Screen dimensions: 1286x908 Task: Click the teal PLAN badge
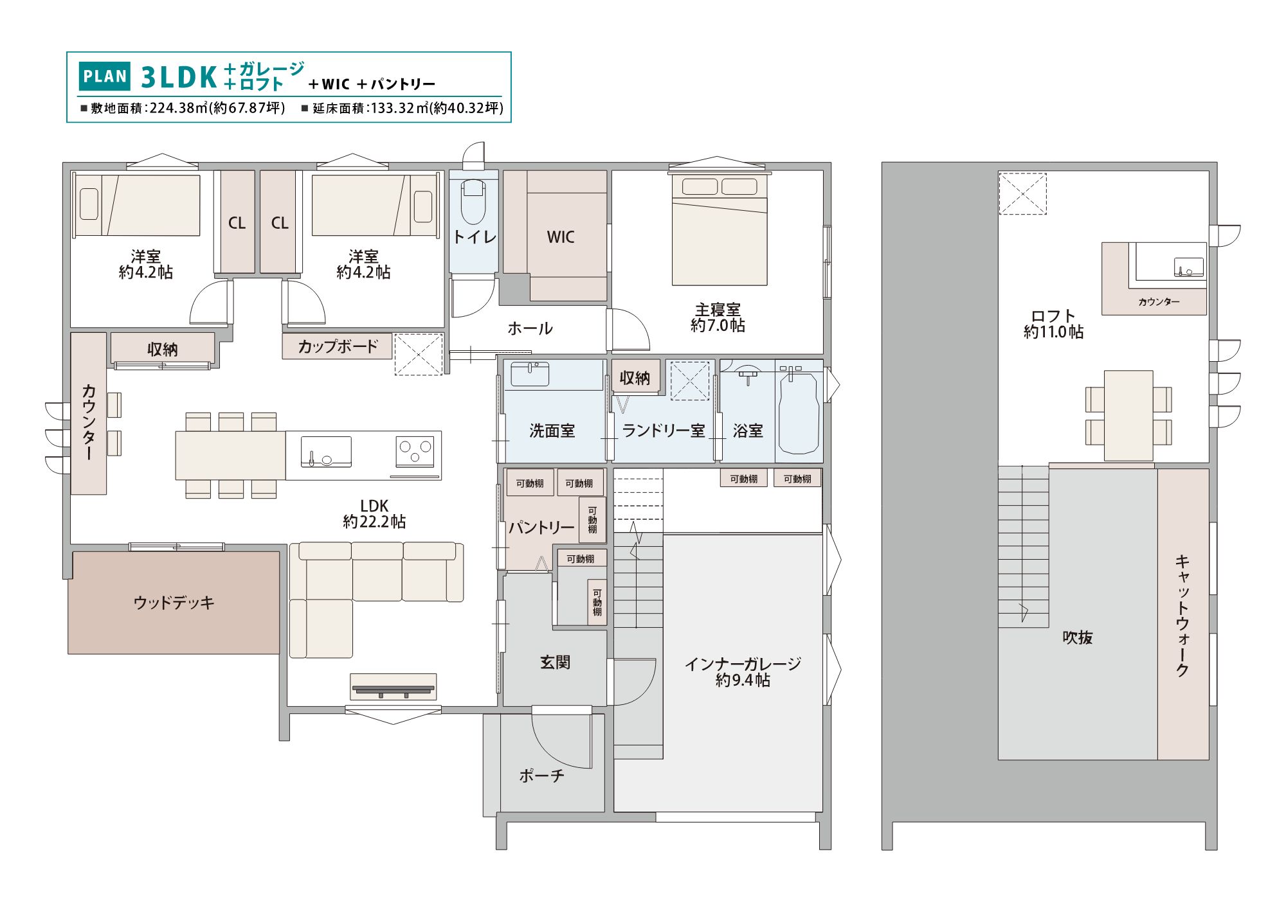tap(105, 76)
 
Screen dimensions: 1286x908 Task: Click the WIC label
tap(561, 237)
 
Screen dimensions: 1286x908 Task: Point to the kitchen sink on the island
tap(326, 451)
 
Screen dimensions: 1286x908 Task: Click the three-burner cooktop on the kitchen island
tap(415, 450)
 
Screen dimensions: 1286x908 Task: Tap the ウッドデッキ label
tap(174, 603)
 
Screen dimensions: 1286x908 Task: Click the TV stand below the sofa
tap(393, 687)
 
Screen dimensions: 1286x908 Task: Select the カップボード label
tap(338, 346)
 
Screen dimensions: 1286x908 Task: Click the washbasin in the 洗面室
tap(530, 373)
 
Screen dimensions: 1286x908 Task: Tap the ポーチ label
tap(541, 776)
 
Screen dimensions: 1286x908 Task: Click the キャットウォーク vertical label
tap(1182, 616)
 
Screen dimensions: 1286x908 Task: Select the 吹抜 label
tap(1078, 637)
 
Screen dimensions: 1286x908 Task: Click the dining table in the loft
tap(1128, 415)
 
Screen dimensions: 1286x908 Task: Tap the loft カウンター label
tap(1159, 301)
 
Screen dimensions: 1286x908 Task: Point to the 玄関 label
tap(555, 662)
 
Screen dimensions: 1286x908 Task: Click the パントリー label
tap(541, 528)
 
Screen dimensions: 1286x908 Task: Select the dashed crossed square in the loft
tap(1022, 193)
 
